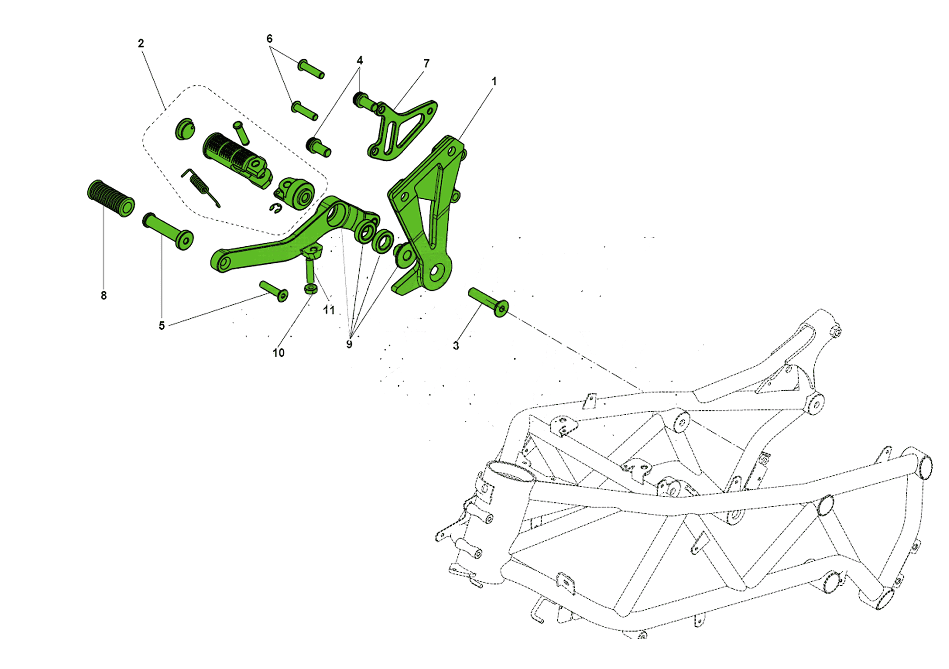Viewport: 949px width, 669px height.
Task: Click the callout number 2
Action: click(141, 43)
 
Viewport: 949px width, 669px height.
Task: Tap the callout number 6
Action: click(270, 38)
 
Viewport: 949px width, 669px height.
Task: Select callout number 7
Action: click(427, 63)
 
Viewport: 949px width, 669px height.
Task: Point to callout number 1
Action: click(494, 81)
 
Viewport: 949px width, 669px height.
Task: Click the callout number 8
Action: click(104, 295)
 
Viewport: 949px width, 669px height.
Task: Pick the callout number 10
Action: click(279, 353)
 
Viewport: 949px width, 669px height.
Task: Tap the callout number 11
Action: click(329, 310)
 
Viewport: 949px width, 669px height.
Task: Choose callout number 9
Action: click(349, 344)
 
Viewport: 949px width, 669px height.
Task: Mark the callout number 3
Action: click(456, 345)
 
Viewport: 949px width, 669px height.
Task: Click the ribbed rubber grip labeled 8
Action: click(111, 198)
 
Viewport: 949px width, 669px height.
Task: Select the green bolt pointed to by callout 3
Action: click(488, 302)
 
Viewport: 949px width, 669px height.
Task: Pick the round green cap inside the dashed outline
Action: click(185, 129)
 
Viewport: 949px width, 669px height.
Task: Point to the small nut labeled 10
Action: click(311, 289)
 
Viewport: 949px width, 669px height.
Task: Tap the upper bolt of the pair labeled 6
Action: click(311, 69)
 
